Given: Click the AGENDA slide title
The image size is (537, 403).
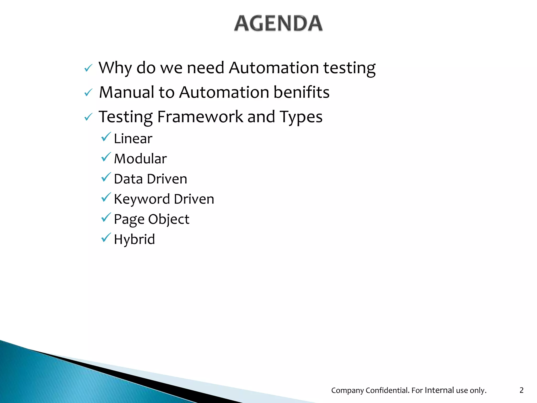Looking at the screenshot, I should tap(278, 24).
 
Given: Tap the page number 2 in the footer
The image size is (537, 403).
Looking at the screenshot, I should tap(521, 390).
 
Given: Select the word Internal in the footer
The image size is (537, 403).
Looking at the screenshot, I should tap(439, 390).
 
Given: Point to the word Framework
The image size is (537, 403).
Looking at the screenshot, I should tap(200, 117).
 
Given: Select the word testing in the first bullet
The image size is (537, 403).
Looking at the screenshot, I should tap(349, 68).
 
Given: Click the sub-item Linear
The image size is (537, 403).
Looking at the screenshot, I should tap(133, 139).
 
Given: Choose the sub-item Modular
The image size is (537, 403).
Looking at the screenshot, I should tap(140, 159).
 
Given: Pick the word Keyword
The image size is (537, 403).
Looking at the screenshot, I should tap(142, 199).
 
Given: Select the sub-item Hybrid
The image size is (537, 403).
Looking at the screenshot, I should tap(134, 239).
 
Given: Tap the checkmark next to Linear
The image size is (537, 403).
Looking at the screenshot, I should tap(106, 137).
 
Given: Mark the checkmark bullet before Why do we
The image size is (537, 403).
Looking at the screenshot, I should tap(88, 68).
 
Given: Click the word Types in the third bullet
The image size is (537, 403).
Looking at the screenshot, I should tap(301, 117).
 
